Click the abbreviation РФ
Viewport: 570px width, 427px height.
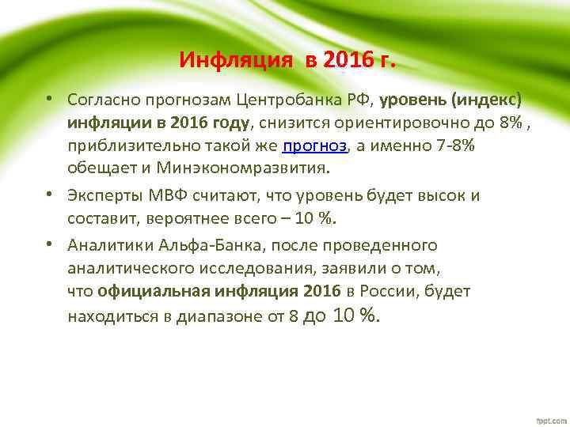pyautogui.click(x=359, y=100)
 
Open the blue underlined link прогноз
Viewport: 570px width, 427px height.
pyautogui.click(x=315, y=145)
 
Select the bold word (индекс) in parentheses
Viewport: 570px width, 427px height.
pyautogui.click(x=485, y=100)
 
